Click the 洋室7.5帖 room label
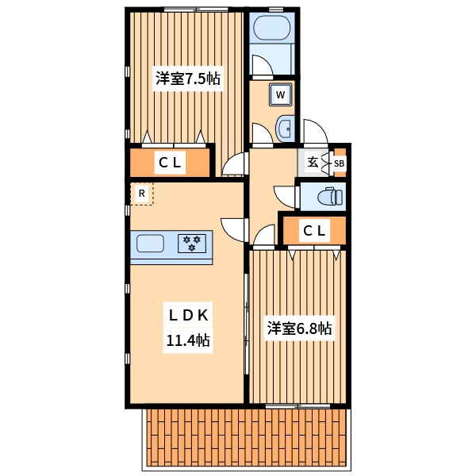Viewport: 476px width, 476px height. tap(187, 79)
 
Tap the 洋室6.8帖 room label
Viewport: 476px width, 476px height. tap(298, 328)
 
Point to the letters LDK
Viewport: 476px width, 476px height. tap(187, 315)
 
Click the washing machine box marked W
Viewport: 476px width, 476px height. tap(280, 95)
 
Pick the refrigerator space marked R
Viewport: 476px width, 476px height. tap(141, 193)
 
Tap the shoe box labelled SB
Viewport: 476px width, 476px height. tap(339, 164)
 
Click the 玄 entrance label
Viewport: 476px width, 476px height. tap(313, 163)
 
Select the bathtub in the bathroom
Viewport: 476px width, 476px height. tap(271, 33)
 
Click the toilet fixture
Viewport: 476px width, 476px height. tap(327, 196)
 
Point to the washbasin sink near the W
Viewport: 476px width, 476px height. tap(286, 128)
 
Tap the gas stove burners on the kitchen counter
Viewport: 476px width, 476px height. tap(191, 243)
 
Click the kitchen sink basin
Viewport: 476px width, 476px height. tap(149, 243)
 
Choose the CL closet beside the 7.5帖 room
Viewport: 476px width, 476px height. tap(170, 163)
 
